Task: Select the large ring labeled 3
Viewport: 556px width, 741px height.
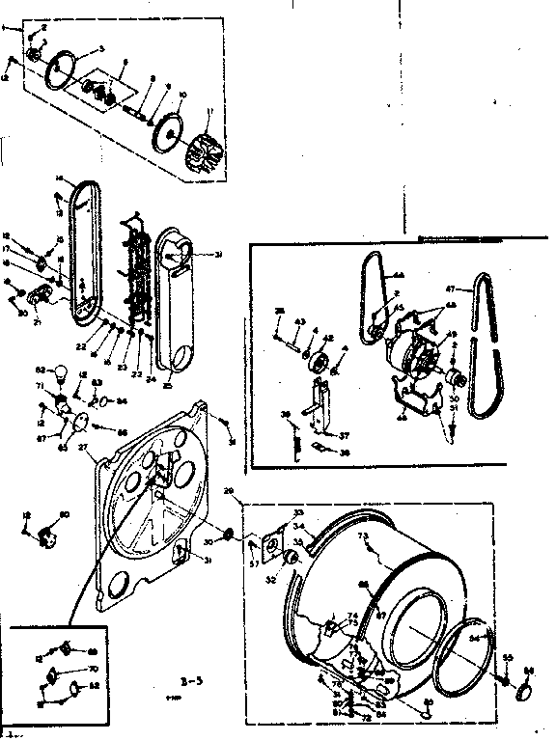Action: coord(66,69)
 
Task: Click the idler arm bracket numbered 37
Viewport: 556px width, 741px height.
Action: coord(316,404)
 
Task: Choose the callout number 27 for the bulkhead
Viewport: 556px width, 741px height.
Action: coord(83,447)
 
